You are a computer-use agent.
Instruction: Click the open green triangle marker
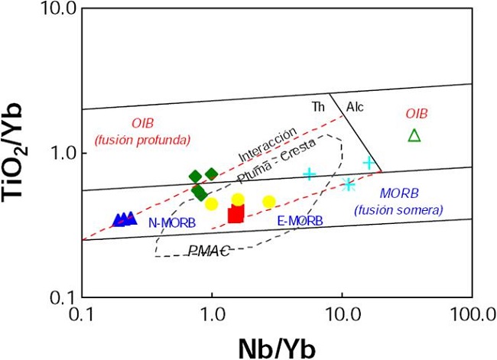pyautogui.click(x=414, y=135)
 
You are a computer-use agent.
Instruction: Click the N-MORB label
pyautogui.click(x=172, y=222)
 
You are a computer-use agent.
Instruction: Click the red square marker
pyautogui.click(x=236, y=214)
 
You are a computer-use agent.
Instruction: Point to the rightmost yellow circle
pyautogui.click(x=269, y=202)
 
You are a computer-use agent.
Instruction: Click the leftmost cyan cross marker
pyautogui.click(x=310, y=174)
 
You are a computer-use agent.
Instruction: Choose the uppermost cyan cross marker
pyautogui.click(x=369, y=163)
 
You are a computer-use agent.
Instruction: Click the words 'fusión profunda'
pyautogui.click(x=142, y=139)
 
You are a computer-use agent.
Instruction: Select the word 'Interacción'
pyautogui.click(x=267, y=144)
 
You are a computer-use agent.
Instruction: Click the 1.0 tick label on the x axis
pyautogui.click(x=212, y=313)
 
